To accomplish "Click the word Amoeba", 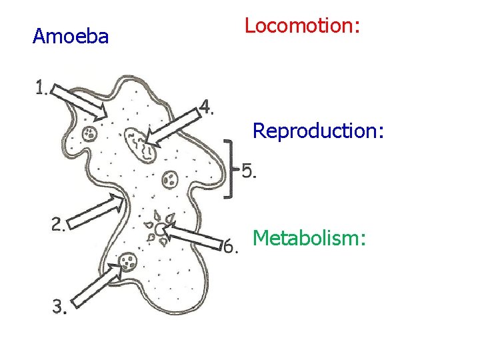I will point(70,37).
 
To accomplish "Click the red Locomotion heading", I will point(302,26).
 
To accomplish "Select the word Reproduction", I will point(318,131).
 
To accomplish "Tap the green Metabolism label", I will point(309,237).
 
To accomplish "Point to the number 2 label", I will point(58,225).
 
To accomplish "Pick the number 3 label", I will point(59,307).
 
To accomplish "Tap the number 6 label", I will point(230,247).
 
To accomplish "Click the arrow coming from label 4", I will point(175,127).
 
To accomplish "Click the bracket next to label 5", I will point(229,169).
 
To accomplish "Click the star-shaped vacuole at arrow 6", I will point(160,230).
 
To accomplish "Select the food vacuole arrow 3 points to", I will point(128,262).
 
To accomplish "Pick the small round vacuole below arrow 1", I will point(89,134).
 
